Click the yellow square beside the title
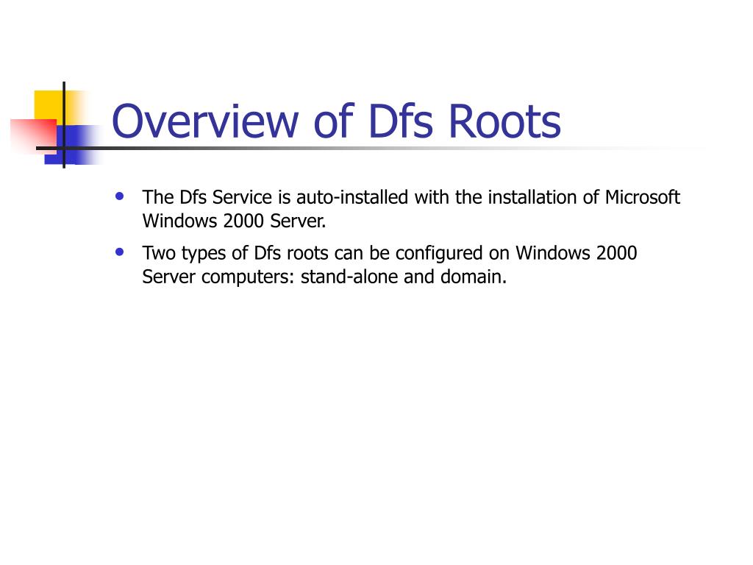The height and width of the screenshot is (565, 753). click(x=47, y=103)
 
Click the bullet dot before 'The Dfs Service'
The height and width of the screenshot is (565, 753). click(x=120, y=196)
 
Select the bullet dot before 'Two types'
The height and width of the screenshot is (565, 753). click(x=120, y=252)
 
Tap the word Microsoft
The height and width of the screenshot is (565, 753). click(x=642, y=198)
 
